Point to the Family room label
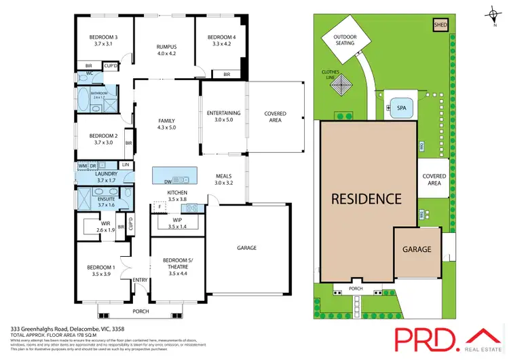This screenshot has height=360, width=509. tap(167, 124)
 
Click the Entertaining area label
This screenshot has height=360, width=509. tap(224, 115)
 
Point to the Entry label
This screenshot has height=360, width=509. tap(140, 280)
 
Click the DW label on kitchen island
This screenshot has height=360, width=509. tap(167, 181)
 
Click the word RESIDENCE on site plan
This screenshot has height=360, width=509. tap(366, 199)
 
